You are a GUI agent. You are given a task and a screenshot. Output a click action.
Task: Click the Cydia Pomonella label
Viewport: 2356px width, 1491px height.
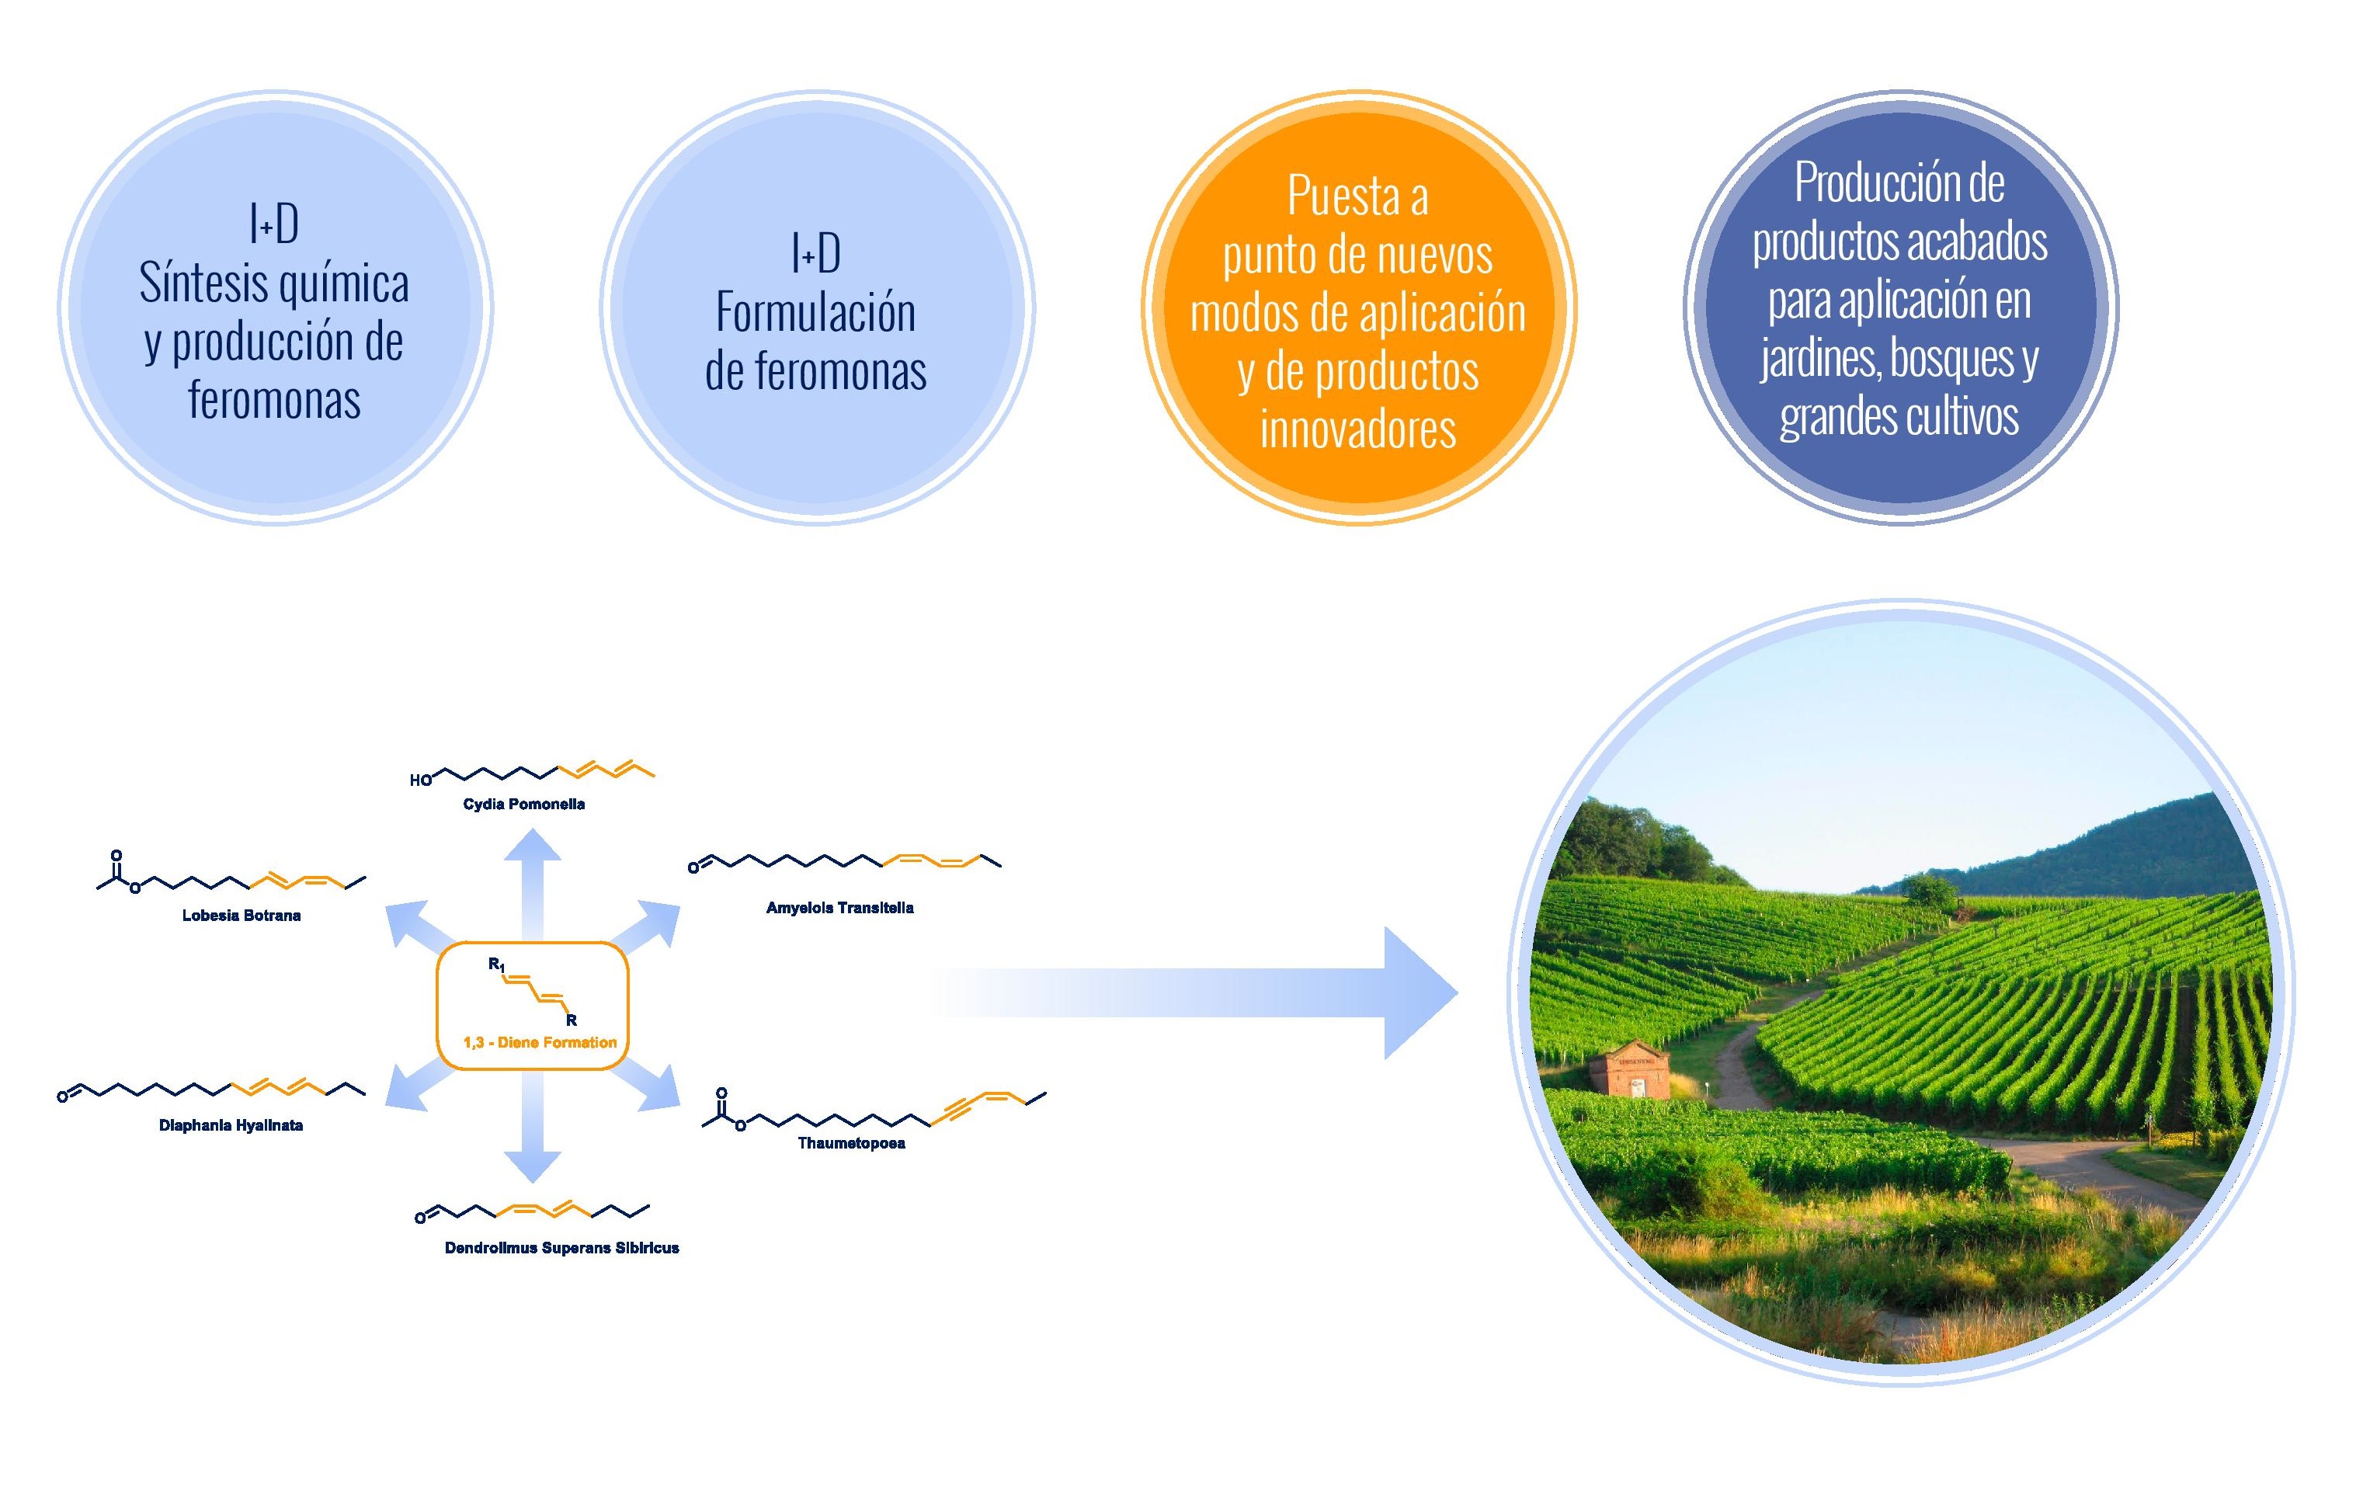point(523,805)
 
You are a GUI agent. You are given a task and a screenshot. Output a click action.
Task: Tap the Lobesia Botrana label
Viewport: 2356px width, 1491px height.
point(242,916)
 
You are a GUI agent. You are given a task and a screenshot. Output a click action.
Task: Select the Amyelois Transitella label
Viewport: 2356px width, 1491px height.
point(839,908)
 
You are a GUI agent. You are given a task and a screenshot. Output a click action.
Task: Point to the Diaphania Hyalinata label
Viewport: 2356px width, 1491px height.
point(231,1125)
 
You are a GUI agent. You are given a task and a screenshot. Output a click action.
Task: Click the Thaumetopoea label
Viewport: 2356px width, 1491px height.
point(851,1142)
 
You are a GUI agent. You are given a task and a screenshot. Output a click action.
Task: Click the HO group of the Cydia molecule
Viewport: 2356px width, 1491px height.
point(421,780)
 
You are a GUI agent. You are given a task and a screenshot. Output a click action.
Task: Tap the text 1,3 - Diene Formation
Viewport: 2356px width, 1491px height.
point(540,1042)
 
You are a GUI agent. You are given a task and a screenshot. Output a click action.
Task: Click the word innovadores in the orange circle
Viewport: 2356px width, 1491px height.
point(1358,429)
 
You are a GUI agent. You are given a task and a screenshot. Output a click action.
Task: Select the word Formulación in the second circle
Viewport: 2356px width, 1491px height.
point(816,313)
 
